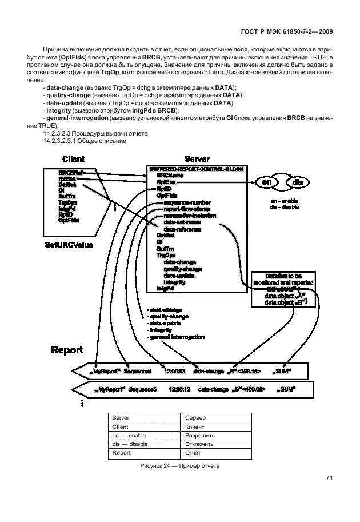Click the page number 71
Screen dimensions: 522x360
[x=330, y=478]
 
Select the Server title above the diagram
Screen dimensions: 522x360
[x=197, y=158]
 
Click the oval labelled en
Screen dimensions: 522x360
[x=266, y=182]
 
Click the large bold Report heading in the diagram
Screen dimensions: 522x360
[x=67, y=349]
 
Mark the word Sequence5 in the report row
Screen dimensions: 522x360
[x=142, y=389]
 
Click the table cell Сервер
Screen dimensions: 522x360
[x=195, y=419]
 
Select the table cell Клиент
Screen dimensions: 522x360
[x=195, y=427]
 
